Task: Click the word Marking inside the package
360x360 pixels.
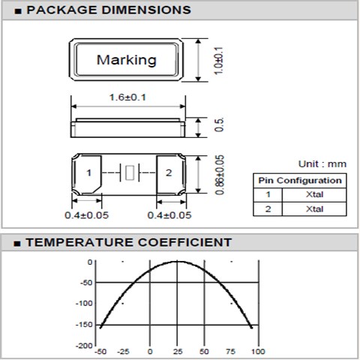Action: click(x=127, y=60)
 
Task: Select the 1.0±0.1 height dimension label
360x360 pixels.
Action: click(x=218, y=61)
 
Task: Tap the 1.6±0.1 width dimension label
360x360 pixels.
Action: click(x=127, y=97)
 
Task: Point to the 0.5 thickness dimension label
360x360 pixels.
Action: click(x=219, y=124)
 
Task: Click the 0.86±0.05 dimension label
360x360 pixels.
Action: click(x=220, y=175)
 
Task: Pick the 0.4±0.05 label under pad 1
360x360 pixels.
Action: click(x=86, y=215)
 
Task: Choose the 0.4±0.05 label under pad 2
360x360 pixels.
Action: click(x=169, y=215)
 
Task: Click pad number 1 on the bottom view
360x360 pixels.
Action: click(x=88, y=173)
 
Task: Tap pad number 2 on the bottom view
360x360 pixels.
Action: click(x=169, y=173)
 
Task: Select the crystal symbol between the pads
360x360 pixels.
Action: click(x=129, y=172)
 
